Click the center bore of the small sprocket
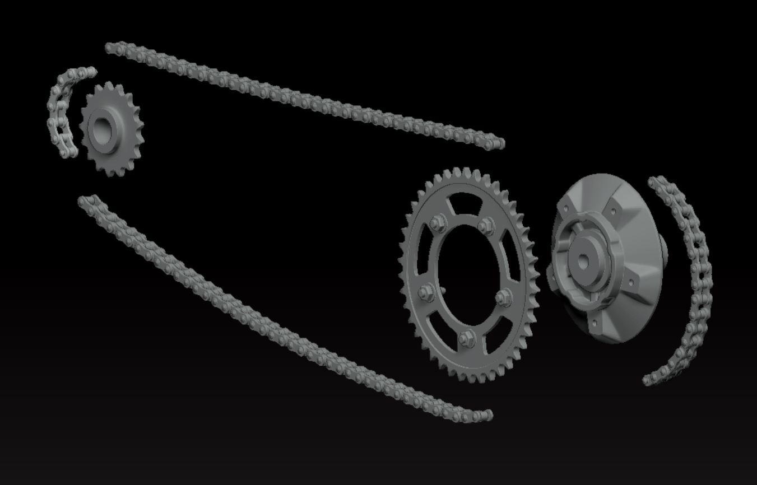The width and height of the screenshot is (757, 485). point(102,130)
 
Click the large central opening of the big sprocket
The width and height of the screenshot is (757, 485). point(467,274)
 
